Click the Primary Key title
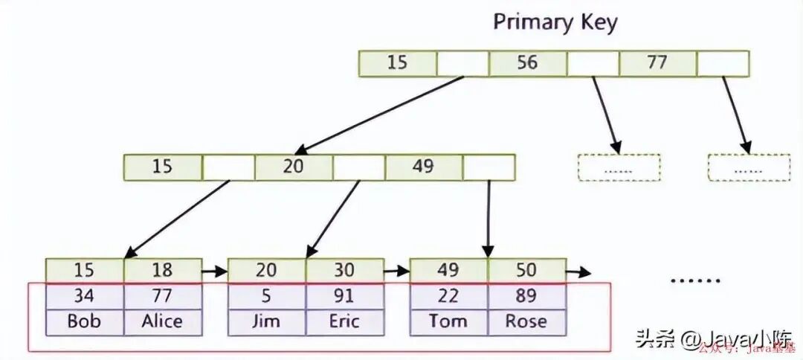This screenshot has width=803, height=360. pos(555,22)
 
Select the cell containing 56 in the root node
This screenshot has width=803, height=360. pos(527,62)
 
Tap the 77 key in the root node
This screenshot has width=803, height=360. pos(657,62)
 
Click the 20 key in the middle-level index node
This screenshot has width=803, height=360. pos(293,167)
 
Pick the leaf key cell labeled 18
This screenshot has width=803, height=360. pos(162,270)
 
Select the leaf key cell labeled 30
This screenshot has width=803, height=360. pos(344,270)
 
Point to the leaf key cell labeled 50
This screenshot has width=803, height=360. pos(526,270)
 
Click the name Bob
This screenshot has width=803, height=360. pos(84,321)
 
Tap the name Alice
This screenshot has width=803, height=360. pos(162,321)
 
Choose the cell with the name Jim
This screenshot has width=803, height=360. pos(266,321)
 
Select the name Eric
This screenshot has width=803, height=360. pos(344,321)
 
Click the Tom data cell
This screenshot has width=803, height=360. pos(448,321)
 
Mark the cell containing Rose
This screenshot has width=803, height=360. pos(526,321)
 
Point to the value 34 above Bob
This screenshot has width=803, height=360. pos(84,296)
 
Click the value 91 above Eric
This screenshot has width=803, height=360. pos(344,296)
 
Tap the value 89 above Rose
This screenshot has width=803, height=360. pos(526,296)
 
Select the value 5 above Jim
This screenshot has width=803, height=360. pos(266,296)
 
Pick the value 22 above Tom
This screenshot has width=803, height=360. pos(448,296)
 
